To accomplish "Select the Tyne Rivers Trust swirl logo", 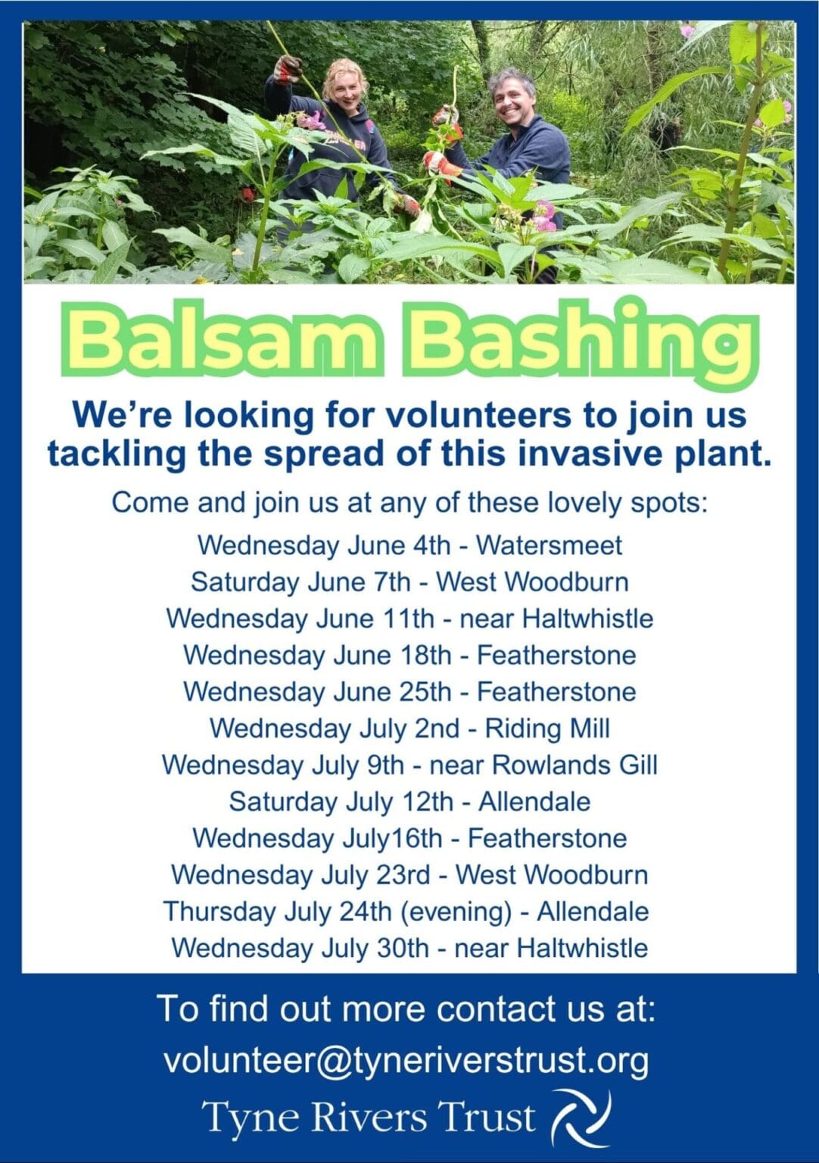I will click(581, 1118).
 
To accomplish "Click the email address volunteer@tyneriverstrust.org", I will click(406, 1060).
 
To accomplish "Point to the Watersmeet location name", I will click(549, 545).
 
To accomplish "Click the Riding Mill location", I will click(547, 728).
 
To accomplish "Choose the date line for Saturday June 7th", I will click(409, 582).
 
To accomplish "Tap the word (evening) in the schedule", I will click(456, 912).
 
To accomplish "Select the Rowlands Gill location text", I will click(575, 765).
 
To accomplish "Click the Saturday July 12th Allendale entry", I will click(409, 802).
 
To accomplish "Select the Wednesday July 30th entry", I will click(409, 948).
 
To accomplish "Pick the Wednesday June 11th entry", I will click(409, 619).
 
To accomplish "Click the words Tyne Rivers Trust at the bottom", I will click(369, 1118).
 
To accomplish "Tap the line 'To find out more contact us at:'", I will click(406, 1009).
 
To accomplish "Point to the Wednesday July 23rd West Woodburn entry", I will click(409, 875).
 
